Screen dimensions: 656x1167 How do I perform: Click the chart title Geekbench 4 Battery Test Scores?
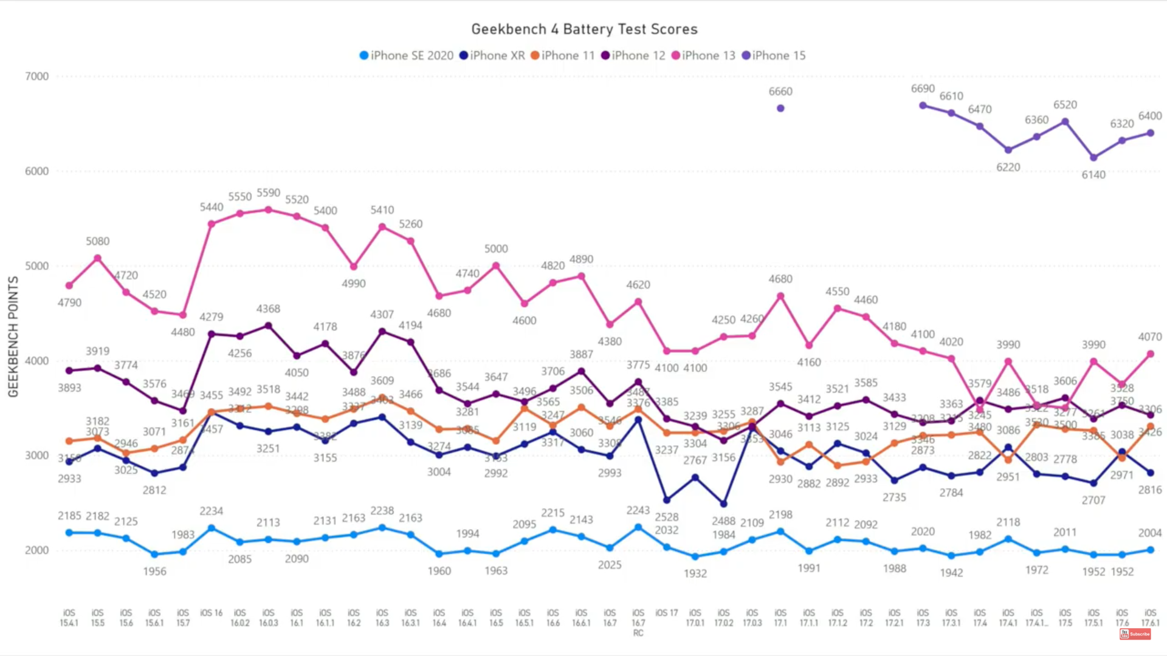584,29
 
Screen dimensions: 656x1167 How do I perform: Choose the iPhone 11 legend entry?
562,55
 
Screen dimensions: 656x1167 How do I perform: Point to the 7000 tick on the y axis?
36,77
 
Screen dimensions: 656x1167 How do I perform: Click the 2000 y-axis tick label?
36,550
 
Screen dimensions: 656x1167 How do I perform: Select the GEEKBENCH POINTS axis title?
13,337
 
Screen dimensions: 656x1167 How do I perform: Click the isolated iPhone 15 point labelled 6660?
780,108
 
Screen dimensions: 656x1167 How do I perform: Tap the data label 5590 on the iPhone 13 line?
268,193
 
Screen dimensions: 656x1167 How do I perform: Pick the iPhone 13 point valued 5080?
97,258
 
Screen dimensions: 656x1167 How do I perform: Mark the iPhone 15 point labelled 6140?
1093,157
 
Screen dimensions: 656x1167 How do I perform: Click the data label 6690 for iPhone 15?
923,89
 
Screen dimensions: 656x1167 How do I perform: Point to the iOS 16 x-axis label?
212,613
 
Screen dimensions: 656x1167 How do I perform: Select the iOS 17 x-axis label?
666,613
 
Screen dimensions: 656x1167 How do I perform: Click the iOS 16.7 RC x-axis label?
638,623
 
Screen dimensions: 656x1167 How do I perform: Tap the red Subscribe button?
1135,634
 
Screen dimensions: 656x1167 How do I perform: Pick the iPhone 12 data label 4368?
268,309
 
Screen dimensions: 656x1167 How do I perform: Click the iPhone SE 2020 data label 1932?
695,573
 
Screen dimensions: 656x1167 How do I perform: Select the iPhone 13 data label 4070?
1150,337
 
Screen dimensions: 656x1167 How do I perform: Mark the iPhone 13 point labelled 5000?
496,265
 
